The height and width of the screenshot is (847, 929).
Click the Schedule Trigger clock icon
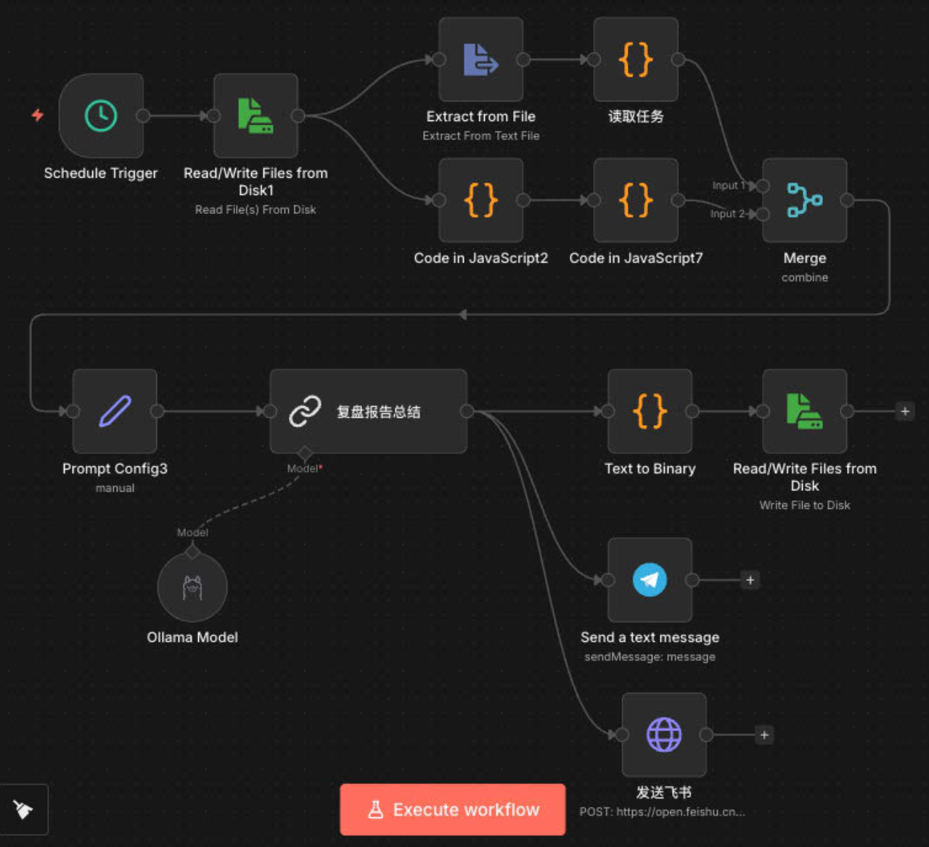(101, 116)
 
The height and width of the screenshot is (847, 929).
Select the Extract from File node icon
(481, 59)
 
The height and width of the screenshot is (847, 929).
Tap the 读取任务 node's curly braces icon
(636, 59)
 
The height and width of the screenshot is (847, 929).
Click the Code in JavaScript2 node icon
(481, 200)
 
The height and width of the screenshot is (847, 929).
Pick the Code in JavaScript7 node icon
(636, 200)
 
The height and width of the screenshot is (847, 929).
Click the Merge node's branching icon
(805, 200)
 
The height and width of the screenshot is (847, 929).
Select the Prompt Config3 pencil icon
(115, 411)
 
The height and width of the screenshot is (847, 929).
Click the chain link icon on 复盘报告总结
(305, 411)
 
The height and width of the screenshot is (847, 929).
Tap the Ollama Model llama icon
(192, 587)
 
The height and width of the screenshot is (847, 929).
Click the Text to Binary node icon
(650, 411)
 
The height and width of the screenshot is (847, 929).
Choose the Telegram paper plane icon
(650, 580)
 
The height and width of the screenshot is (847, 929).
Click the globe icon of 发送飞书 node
(664, 735)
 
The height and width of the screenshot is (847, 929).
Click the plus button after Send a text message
(750, 580)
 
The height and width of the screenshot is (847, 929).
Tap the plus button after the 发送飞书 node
(764, 735)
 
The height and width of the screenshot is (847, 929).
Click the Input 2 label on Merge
(727, 214)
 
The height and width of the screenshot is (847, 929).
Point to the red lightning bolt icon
(38, 115)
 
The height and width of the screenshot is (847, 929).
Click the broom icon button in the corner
(23, 809)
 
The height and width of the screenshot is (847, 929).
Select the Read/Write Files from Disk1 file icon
(255, 116)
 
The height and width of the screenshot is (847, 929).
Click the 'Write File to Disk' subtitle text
(805, 505)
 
